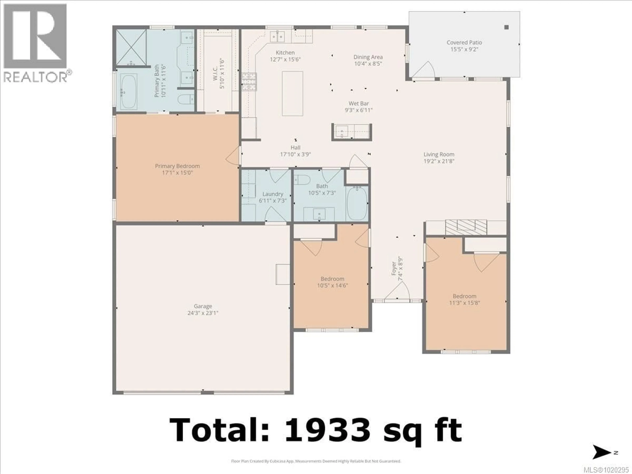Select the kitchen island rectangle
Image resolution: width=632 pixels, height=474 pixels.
coord(292,93)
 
